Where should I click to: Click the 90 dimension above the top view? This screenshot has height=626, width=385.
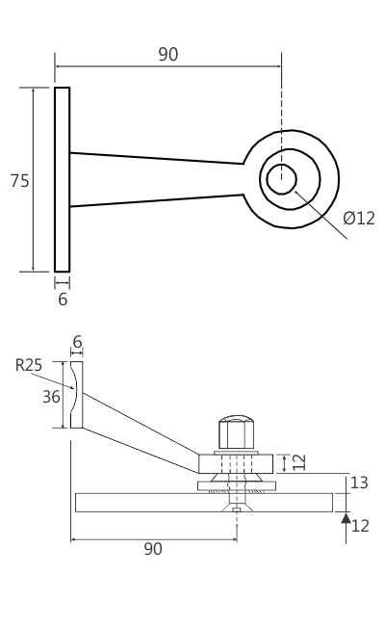tap(167, 55)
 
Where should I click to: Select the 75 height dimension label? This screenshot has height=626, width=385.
tap(19, 181)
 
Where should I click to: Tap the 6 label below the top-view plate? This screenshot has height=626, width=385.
tap(63, 300)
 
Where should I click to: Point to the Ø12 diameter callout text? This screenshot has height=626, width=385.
tap(359, 219)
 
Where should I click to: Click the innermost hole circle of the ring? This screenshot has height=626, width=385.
tap(281, 179)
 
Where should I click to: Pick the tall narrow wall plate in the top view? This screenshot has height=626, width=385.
tap(62, 179)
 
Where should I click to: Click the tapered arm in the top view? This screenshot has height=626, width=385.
tap(154, 179)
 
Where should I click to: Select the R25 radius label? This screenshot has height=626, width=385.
tap(29, 365)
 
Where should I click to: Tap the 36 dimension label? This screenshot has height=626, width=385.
tap(51, 397)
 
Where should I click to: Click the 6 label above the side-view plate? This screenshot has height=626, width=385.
tap(77, 342)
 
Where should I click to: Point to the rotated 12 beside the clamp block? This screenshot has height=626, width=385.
tap(299, 462)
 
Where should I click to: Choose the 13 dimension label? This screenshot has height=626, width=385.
tap(359, 483)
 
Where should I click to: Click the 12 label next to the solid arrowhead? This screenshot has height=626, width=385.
tap(360, 526)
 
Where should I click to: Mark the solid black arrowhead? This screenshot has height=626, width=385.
tap(346, 518)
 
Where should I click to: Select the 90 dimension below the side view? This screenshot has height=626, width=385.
tap(153, 549)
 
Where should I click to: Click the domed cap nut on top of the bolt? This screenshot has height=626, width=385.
tap(236, 431)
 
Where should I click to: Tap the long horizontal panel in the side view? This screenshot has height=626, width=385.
tap(144, 503)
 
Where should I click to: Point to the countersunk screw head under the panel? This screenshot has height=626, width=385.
tap(237, 507)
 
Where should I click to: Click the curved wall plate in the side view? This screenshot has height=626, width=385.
tap(76, 395)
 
